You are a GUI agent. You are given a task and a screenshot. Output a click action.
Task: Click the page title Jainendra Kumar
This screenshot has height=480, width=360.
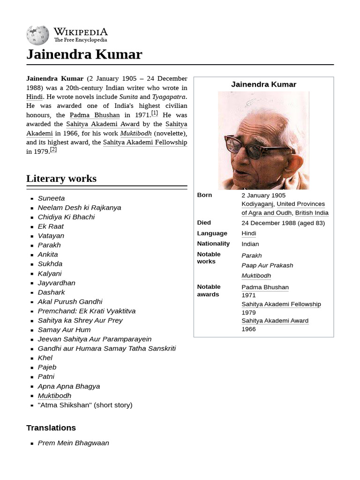pos(84,54)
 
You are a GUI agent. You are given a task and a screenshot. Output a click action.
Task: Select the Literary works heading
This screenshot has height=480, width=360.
pos(61,179)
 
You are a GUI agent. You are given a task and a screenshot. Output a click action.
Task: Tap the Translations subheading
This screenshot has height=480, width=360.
pos(51,427)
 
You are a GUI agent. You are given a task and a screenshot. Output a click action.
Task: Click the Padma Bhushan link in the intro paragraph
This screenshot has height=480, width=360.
pos(95,115)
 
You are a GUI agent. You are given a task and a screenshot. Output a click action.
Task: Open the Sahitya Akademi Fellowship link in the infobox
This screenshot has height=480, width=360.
pos(281,304)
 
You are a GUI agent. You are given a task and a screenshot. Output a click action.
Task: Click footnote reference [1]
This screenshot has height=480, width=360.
pos(154,113)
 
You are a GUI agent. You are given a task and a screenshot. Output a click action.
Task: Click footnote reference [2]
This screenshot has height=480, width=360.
pos(53,150)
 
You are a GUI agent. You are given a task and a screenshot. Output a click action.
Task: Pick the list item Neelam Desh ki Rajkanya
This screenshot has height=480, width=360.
pos(79,208)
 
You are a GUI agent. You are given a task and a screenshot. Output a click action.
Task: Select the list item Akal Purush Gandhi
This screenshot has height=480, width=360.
pos(70,301)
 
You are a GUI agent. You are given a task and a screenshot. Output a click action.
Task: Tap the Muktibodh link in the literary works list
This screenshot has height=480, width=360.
pos(54,396)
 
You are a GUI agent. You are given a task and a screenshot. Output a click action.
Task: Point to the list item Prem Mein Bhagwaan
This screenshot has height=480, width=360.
pos(73,442)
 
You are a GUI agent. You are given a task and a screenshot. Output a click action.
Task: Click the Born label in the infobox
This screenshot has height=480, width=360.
pos(204,195)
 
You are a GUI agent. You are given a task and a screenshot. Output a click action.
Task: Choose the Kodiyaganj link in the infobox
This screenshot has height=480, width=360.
pos(257,204)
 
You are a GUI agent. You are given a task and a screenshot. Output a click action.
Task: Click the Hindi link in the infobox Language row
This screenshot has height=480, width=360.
pos(248,233)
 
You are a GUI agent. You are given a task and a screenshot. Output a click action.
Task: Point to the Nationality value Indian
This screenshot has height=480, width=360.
pos(250,244)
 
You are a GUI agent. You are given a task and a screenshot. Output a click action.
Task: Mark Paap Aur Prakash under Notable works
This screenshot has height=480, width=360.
pos(267,265)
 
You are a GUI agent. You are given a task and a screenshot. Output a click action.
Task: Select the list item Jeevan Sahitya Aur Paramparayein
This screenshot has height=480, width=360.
pos(95,339)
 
